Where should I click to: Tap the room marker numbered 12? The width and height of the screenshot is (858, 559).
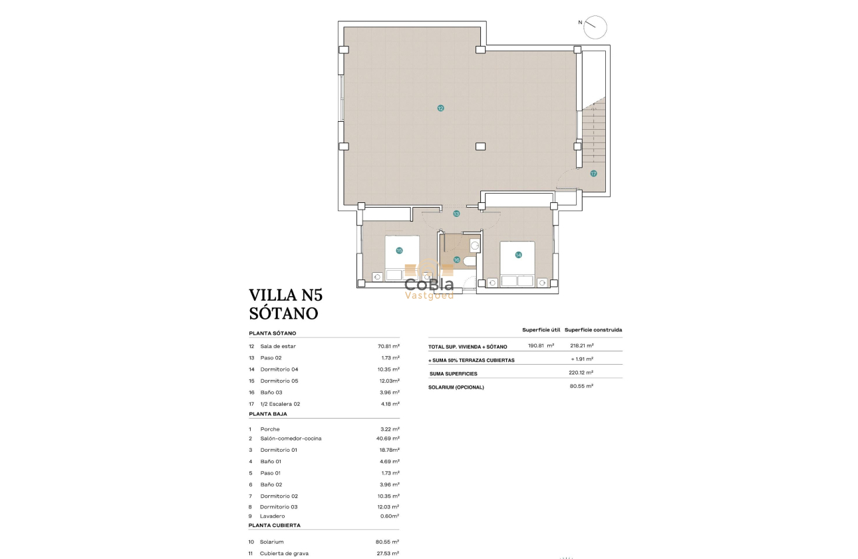[440, 108]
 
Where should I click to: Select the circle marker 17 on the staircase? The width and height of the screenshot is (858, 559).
[593, 173]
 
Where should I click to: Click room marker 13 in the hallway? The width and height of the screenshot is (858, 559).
[456, 214]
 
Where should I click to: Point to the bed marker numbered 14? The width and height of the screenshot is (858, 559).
[518, 255]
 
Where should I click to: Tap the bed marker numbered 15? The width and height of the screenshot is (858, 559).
[399, 251]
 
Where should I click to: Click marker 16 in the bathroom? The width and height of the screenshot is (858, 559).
[457, 260]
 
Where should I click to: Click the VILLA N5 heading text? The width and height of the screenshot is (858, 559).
[285, 295]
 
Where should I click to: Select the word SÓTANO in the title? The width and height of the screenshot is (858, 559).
[283, 313]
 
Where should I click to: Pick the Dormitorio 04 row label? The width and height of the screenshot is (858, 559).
[279, 369]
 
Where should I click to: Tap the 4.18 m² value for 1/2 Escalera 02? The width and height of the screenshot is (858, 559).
[388, 404]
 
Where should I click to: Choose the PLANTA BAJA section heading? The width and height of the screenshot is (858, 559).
[268, 414]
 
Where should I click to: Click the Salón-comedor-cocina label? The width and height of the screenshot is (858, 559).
[291, 439]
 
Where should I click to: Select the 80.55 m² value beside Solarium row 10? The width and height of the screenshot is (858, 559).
[388, 542]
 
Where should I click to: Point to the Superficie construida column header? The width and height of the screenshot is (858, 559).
[593, 329]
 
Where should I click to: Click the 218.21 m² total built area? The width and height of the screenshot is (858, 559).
[581, 346]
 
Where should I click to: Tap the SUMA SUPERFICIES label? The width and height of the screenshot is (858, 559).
[454, 373]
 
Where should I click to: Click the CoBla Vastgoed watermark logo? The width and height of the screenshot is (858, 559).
[430, 283]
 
